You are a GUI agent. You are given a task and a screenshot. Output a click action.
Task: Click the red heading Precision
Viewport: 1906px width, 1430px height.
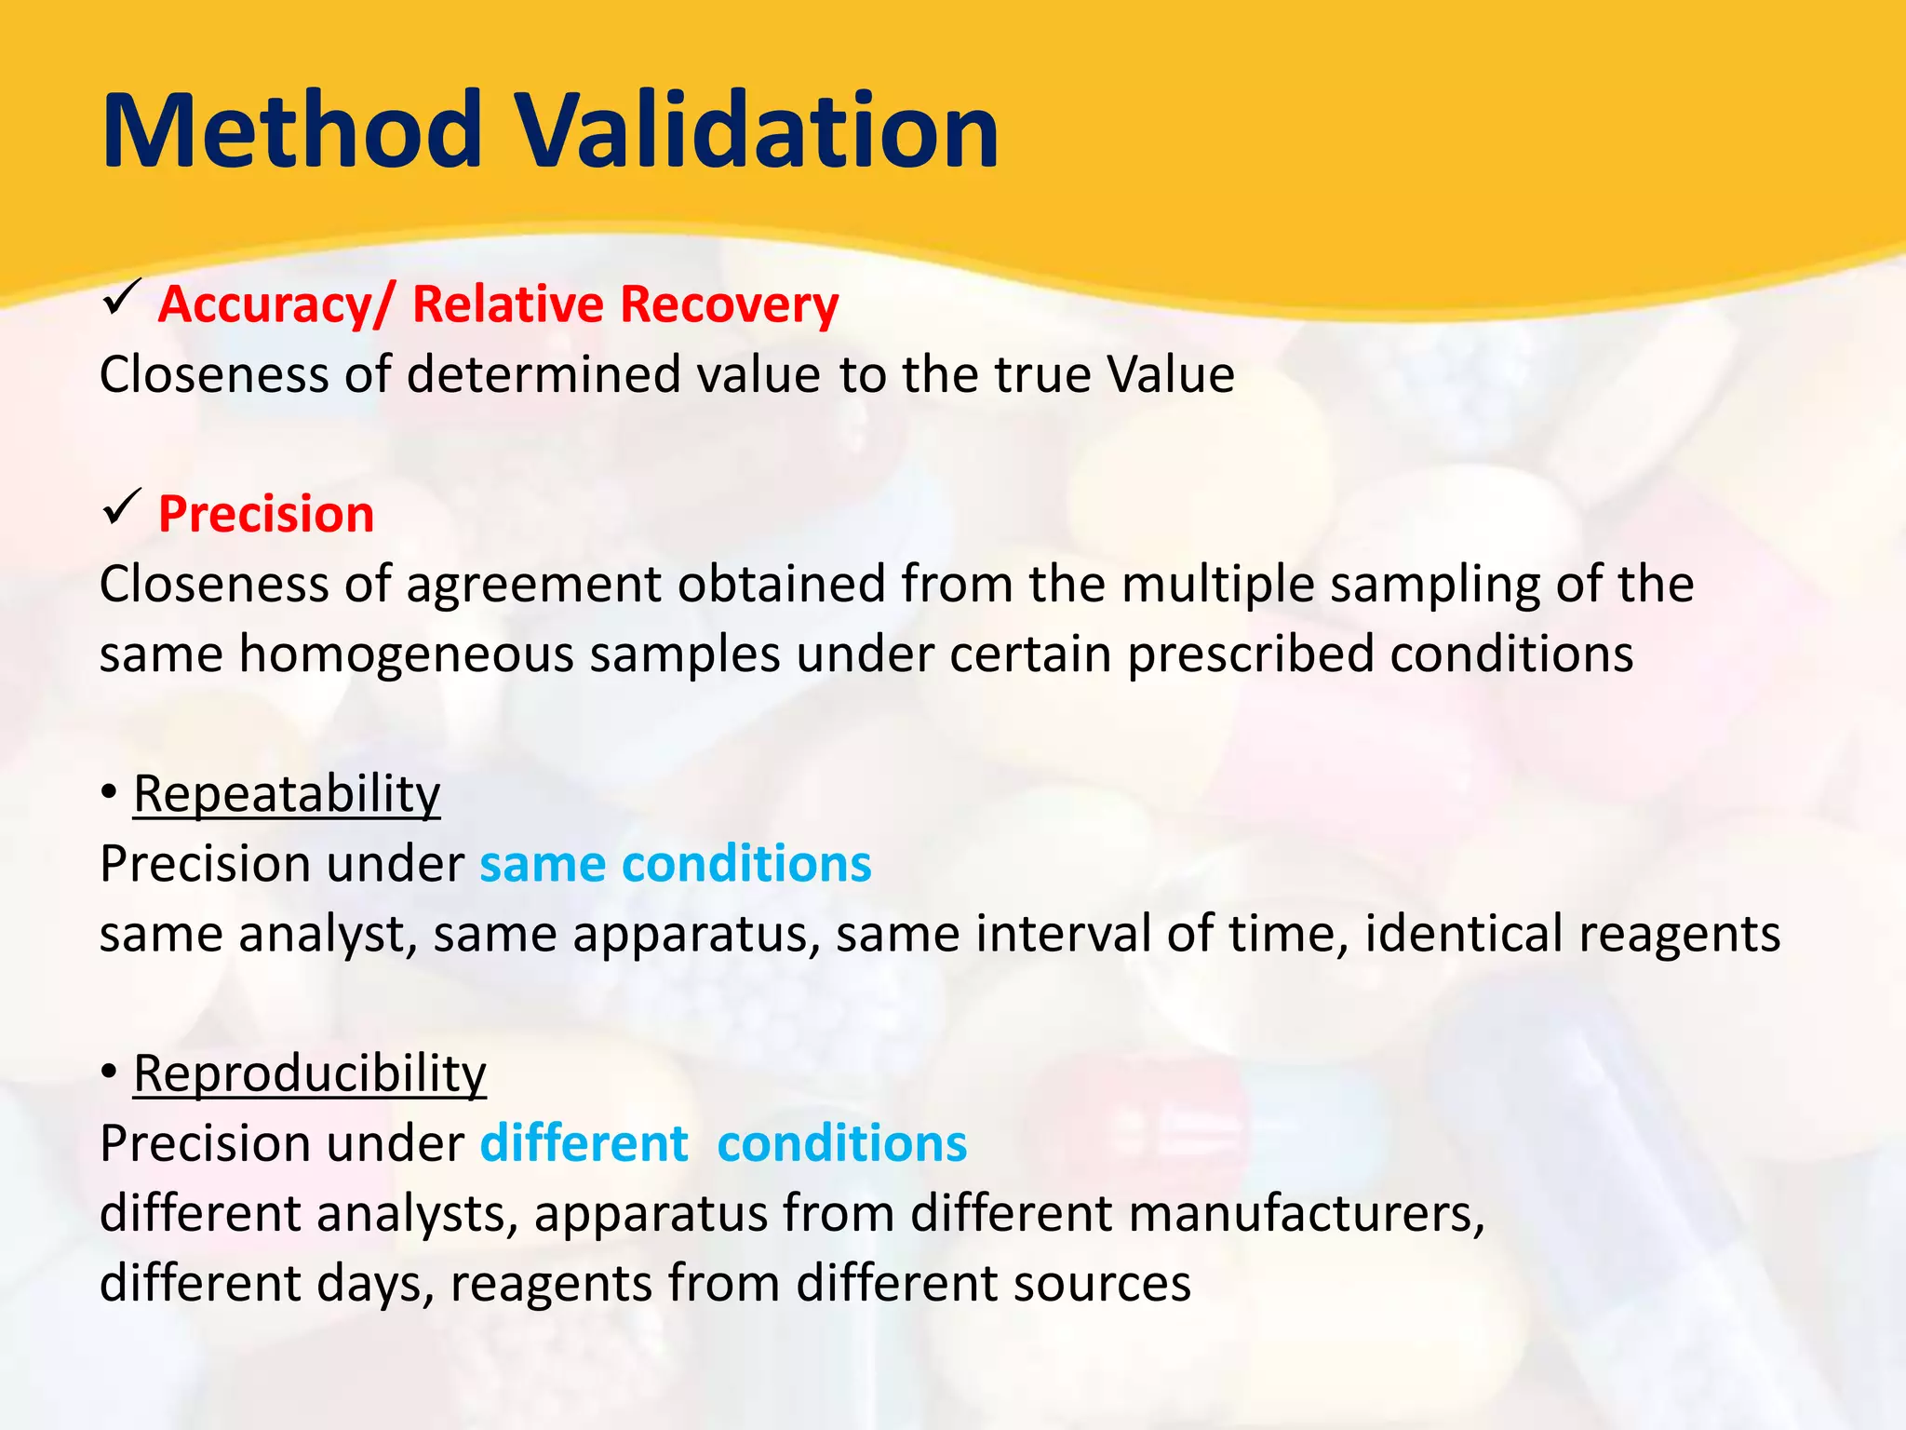tap(266, 515)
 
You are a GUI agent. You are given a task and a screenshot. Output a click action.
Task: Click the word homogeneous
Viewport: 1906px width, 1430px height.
tap(406, 654)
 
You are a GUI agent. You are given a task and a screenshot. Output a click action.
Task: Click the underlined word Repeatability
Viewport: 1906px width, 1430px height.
tap(287, 795)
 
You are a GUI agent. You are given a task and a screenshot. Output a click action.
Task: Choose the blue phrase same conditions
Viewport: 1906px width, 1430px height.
tap(676, 865)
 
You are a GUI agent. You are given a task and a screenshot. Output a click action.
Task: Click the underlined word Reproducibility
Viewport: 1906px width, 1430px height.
tap(309, 1074)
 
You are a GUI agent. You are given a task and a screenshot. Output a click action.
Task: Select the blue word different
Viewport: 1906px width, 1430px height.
tap(584, 1144)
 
